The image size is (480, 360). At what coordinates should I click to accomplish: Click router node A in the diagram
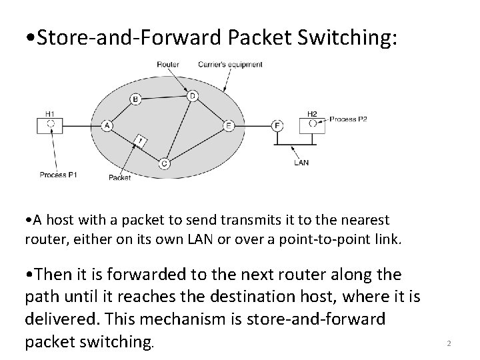(107, 125)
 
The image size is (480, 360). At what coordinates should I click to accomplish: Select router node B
(135, 99)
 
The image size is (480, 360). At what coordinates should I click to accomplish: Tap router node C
(164, 163)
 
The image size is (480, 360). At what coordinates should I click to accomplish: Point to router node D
(192, 95)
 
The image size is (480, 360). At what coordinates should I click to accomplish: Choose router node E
(229, 125)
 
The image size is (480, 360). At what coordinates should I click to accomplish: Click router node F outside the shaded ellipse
(277, 125)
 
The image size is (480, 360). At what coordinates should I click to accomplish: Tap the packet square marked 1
(141, 141)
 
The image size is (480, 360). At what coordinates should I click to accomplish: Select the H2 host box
(312, 124)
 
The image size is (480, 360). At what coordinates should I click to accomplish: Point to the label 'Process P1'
(59, 175)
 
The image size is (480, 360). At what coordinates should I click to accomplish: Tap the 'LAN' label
(301, 162)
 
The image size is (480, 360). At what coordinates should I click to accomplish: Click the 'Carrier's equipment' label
(231, 65)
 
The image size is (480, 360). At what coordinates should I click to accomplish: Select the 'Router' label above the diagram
(167, 65)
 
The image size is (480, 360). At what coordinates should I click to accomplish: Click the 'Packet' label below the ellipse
(120, 177)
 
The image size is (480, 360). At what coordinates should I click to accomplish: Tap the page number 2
(449, 343)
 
